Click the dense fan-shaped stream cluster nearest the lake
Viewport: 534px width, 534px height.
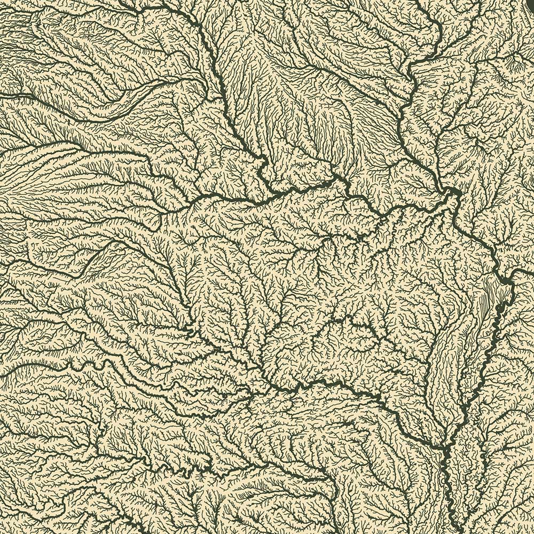pos(481,80)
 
